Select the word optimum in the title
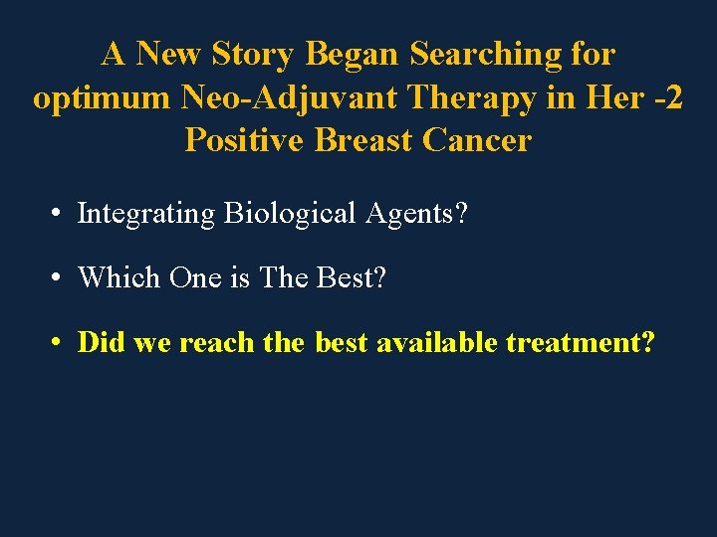[x=103, y=97]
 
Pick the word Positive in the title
[x=244, y=140]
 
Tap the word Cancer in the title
[x=477, y=140]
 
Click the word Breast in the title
[x=363, y=140]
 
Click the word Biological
[x=289, y=214]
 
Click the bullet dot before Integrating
[x=60, y=214]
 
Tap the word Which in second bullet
[x=119, y=277]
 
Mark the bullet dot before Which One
[x=60, y=277]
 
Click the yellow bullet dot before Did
[x=60, y=342]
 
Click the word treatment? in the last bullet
[x=581, y=343]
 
